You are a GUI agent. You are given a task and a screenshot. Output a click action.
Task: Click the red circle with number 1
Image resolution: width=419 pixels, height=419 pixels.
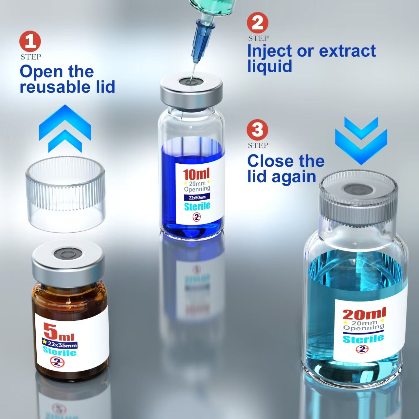click(x=30, y=42)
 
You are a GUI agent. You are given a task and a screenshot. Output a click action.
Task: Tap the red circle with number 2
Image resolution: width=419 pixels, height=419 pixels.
click(x=257, y=23)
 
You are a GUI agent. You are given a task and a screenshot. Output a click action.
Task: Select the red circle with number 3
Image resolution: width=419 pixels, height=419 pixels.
click(x=257, y=130)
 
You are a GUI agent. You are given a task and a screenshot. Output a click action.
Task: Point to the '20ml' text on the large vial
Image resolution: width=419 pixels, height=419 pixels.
click(x=364, y=314)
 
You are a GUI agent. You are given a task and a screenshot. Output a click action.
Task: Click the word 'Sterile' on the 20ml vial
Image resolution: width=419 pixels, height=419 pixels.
click(x=363, y=338)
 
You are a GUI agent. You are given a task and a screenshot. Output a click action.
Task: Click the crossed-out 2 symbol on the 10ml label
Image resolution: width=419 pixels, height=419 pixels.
click(x=196, y=217)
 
